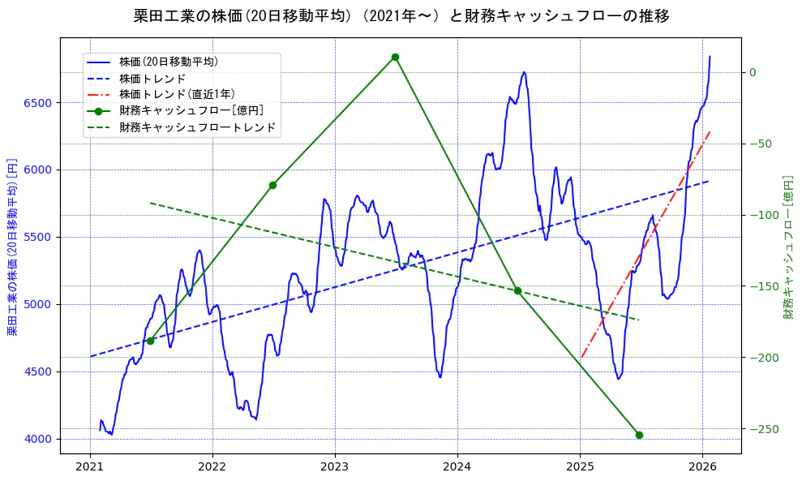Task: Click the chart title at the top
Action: pos(401,15)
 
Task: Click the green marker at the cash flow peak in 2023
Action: pos(395,57)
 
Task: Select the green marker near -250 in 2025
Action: pos(639,435)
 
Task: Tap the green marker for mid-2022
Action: pos(272,185)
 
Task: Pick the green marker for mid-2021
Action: pos(150,341)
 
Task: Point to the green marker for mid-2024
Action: pos(517,290)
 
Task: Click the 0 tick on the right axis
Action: pos(753,72)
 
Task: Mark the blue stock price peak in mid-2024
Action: pos(524,72)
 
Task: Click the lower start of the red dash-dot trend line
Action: pos(581,357)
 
